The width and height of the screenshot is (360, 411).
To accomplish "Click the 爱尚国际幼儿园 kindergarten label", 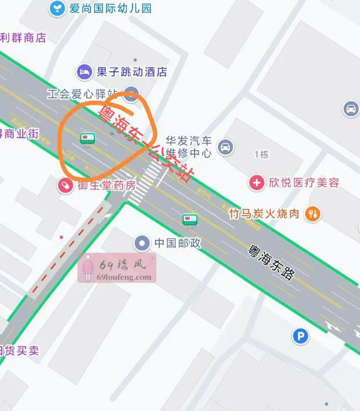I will [x=110, y=8].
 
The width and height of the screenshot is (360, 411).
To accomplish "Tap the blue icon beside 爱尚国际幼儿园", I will [x=57, y=8].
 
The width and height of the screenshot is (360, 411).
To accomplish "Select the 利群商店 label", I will [x=23, y=38].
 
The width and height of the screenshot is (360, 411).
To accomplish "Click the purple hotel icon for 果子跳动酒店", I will [x=84, y=72].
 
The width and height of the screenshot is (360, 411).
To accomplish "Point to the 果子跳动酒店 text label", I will [x=131, y=72].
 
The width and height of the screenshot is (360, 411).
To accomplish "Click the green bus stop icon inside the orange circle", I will [x=87, y=137].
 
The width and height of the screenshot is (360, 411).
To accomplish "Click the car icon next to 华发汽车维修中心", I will [x=226, y=147].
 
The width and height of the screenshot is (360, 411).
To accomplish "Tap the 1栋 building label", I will [x=261, y=154].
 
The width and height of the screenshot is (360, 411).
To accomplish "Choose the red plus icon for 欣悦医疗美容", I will [x=257, y=183].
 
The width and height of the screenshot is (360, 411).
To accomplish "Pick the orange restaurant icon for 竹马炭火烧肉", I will [x=312, y=214].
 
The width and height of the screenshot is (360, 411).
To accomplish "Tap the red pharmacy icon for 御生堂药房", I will [x=66, y=185].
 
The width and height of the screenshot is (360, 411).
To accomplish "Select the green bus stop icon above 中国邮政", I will [x=189, y=220].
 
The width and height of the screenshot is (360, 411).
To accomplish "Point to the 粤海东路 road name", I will [x=272, y=262].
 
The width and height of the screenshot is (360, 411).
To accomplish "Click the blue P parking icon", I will [x=300, y=336].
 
